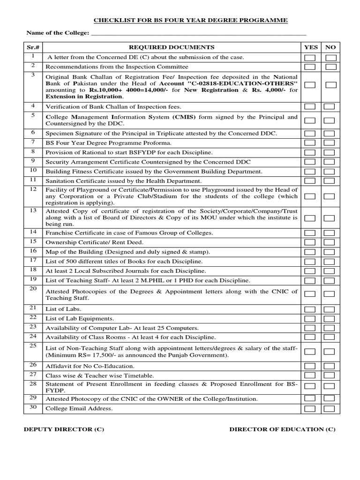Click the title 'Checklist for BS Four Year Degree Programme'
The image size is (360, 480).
click(x=191, y=20)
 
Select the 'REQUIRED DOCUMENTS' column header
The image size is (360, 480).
click(x=172, y=47)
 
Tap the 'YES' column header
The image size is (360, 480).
click(x=311, y=47)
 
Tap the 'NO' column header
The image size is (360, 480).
click(x=330, y=47)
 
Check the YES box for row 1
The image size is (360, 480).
click(x=310, y=58)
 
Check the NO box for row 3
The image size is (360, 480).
click(x=330, y=85)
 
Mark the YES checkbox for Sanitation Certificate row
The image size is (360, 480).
click(x=310, y=181)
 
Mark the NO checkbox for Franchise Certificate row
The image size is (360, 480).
click(x=330, y=233)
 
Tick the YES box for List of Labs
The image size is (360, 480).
click(x=310, y=309)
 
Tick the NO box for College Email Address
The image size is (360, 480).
click(x=330, y=409)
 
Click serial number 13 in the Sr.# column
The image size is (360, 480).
click(x=33, y=210)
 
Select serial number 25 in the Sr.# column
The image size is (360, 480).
click(x=33, y=346)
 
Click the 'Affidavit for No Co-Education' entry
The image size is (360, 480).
click(x=90, y=366)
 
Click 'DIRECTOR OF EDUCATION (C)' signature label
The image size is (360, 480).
click(x=282, y=429)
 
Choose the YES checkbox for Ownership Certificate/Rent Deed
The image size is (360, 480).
click(x=310, y=242)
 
